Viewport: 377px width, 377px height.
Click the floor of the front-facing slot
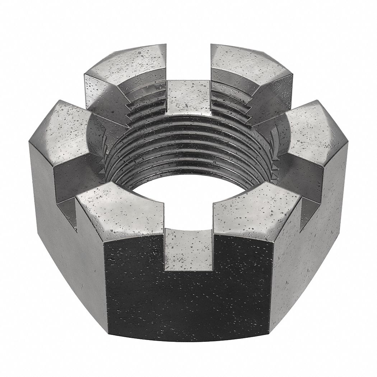tap(188, 251)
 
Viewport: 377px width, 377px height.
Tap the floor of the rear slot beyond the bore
tap(188, 97)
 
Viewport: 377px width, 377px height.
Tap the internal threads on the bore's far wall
tap(188, 144)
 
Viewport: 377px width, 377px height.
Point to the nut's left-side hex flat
tap(61, 233)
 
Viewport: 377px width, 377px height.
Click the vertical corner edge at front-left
tap(106, 287)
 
